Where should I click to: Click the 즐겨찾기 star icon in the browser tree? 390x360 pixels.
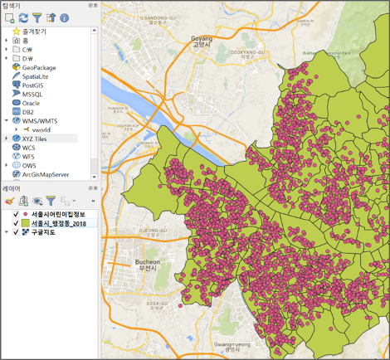(x=17, y=31)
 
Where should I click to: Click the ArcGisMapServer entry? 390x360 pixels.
(x=50, y=175)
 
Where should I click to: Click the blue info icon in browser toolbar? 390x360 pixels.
(x=65, y=17)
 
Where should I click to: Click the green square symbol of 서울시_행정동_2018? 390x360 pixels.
(x=26, y=223)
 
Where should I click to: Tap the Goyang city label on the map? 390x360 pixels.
(x=202, y=39)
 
